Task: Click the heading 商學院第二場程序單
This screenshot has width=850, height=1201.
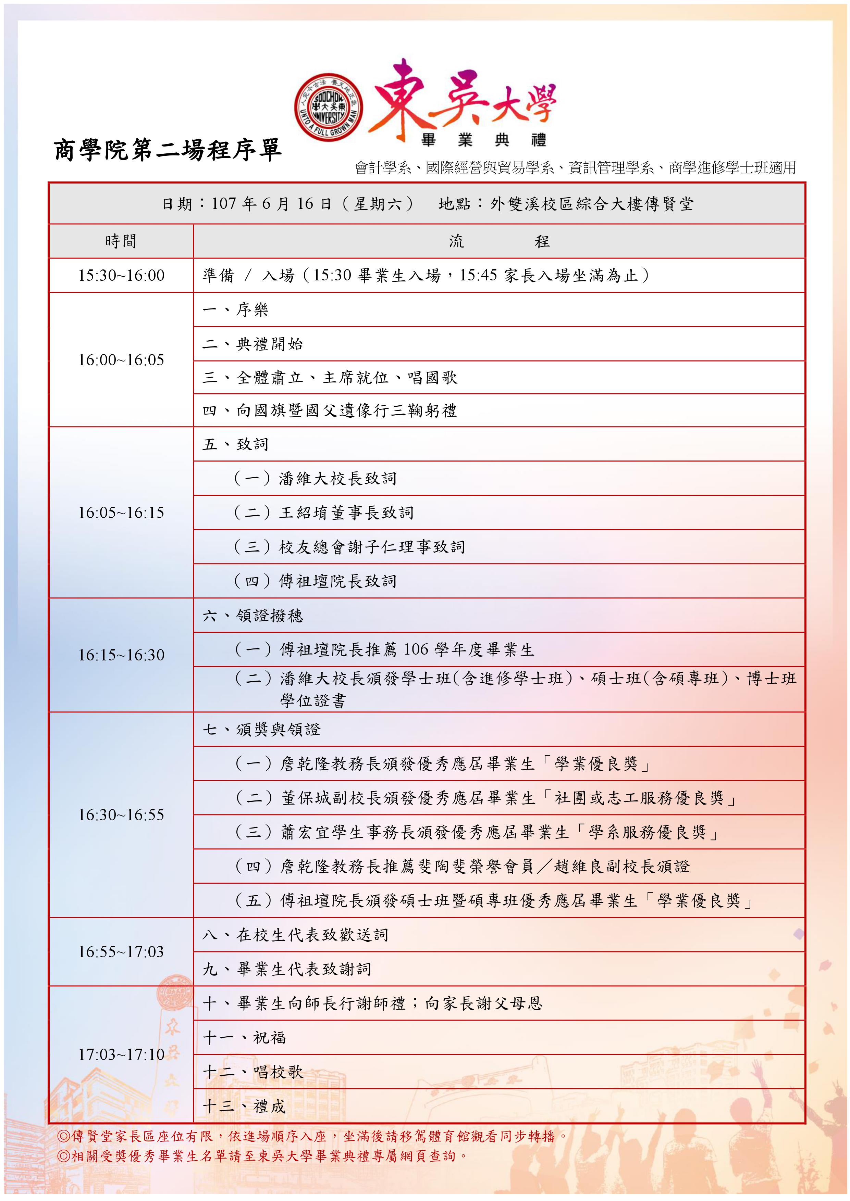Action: tap(168, 150)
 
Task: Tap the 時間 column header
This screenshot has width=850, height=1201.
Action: tap(121, 241)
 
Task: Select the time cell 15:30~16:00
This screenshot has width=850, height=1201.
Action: tap(121, 275)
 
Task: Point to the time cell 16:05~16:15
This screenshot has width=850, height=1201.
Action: tap(121, 513)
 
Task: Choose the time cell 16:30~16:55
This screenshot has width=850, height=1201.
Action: tap(121, 814)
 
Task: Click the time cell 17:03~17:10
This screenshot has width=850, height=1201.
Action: tap(121, 1054)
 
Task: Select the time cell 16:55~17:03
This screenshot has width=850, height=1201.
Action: tap(121, 951)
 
